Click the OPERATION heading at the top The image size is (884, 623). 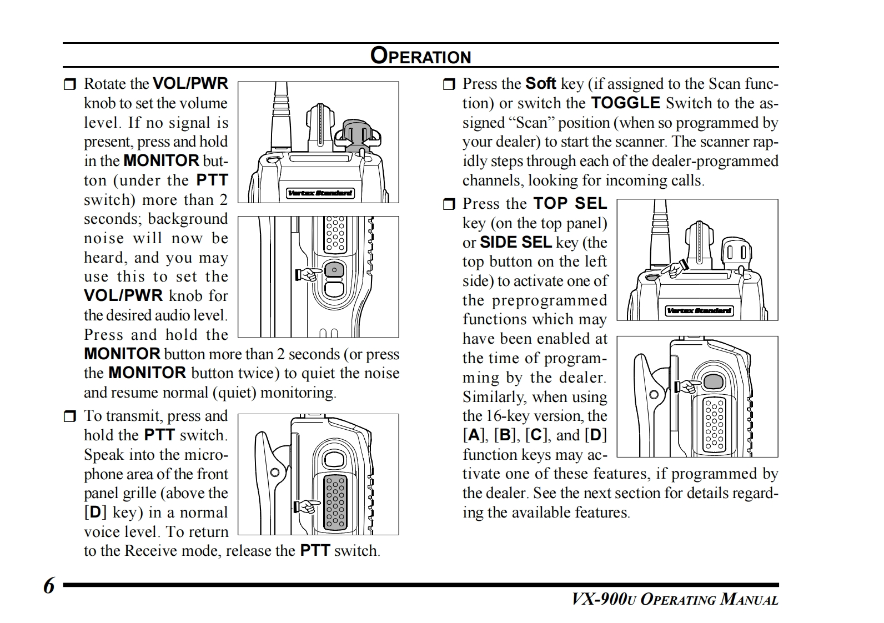(420, 56)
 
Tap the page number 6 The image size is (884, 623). (49, 586)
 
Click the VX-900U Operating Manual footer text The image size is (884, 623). (675, 600)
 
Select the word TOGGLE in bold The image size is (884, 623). (625, 103)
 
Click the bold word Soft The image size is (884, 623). (540, 84)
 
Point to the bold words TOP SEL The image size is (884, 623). (570, 204)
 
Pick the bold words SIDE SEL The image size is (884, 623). (515, 243)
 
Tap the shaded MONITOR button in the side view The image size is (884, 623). (333, 270)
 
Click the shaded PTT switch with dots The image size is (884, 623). (335, 501)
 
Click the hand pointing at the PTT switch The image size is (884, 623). (307, 506)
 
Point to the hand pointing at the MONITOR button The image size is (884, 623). (309, 274)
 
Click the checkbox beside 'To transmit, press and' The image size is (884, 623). (69, 416)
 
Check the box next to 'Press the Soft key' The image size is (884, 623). (449, 84)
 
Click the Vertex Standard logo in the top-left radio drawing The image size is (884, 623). (320, 193)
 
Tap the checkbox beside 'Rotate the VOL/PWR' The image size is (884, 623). (69, 84)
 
